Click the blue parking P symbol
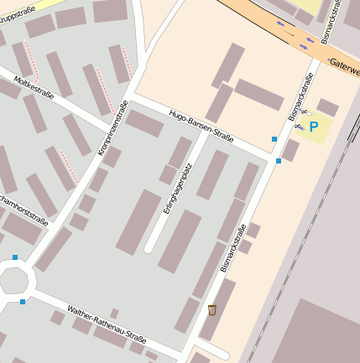(314, 127)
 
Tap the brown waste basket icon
(212, 310)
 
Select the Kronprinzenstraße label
(112, 127)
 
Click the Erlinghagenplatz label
(177, 190)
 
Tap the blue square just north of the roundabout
(15, 257)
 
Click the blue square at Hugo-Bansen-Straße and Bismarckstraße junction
(279, 160)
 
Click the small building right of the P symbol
(328, 107)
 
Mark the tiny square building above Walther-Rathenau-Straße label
(114, 313)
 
